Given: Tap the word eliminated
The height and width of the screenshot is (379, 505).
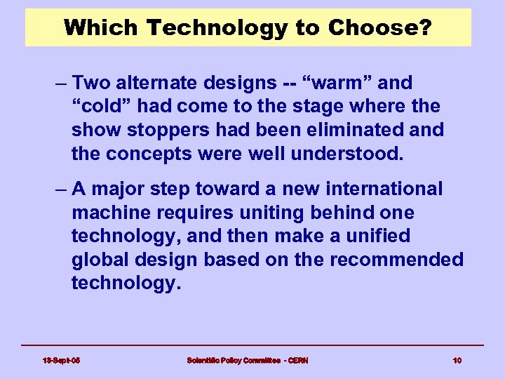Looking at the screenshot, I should tap(358, 131).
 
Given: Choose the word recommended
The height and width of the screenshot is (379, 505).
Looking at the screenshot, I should tap(396, 260).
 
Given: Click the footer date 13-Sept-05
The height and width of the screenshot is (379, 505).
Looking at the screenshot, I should tap(60, 360).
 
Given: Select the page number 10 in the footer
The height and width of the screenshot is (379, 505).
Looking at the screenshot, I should tap(457, 360).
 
